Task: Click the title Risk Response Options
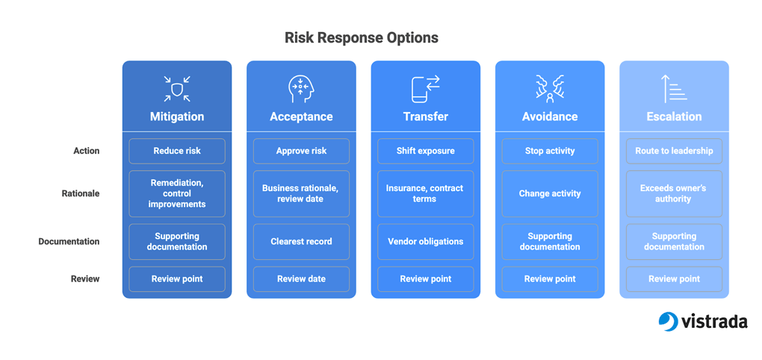[361, 38]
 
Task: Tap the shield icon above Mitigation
[177, 89]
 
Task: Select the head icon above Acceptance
[301, 89]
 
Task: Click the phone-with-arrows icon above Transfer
[426, 89]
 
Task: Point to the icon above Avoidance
[550, 89]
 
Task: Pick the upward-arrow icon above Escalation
[674, 89]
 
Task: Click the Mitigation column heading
[177, 117]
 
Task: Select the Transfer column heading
[426, 117]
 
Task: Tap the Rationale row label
[81, 193]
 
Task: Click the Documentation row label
[69, 241]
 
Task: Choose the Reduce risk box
[177, 151]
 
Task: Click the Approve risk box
[301, 151]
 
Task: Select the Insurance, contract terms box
[426, 193]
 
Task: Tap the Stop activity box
[550, 151]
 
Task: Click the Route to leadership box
[674, 151]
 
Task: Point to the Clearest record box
[301, 241]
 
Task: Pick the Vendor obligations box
[426, 241]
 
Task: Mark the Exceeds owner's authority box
[674, 193]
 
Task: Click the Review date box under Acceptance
[301, 279]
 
